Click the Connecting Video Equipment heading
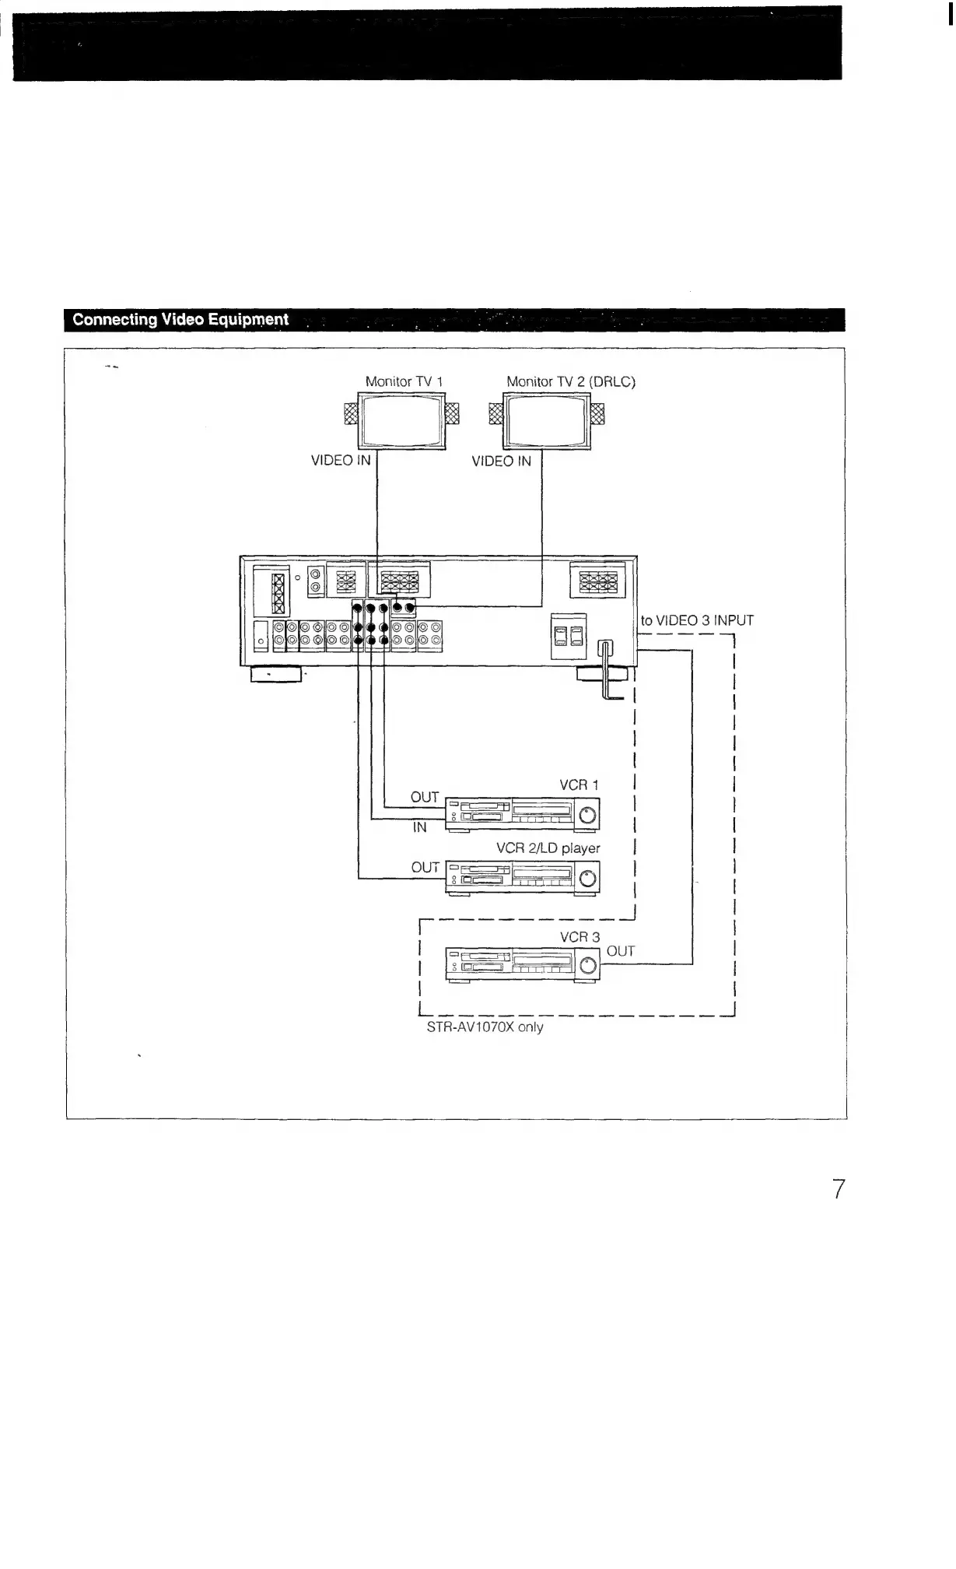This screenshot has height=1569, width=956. tap(180, 320)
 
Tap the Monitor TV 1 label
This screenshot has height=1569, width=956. tap(404, 381)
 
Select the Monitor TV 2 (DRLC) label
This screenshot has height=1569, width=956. tap(571, 381)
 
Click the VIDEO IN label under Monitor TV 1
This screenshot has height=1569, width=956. tap(341, 461)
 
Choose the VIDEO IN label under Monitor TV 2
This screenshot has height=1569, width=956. tap(501, 462)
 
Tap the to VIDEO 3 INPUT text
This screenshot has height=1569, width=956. tap(697, 621)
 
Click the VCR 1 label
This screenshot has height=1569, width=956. tap(580, 785)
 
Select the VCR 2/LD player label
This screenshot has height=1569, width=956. tap(548, 848)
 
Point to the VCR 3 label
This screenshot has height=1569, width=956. tap(580, 937)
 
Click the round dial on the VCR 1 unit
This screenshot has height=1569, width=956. tap(588, 816)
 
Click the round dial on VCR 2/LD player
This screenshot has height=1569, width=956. tap(589, 879)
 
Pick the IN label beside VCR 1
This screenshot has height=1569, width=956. tap(420, 828)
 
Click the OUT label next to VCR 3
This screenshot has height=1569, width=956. tap(620, 951)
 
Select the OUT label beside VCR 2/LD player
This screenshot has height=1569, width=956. tap(425, 867)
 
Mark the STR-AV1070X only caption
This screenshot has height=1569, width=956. tap(485, 1027)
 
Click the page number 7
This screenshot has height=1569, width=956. tap(838, 1189)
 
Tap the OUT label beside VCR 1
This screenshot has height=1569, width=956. tap(425, 797)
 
